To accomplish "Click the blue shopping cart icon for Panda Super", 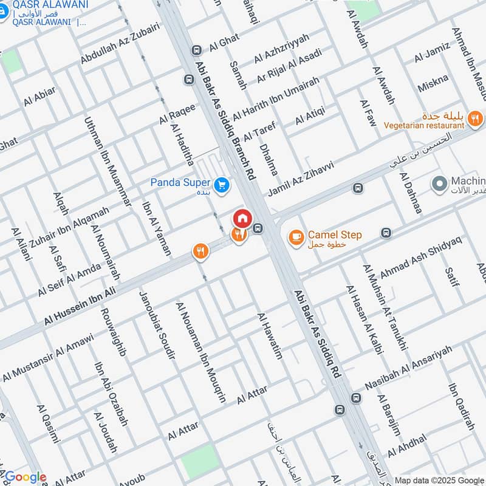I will tap(222, 183).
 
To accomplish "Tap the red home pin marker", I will tap(242, 217).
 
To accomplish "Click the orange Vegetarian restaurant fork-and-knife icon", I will tap(476, 118).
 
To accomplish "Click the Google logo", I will tap(25, 477).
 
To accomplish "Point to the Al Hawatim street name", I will tap(270, 336).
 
